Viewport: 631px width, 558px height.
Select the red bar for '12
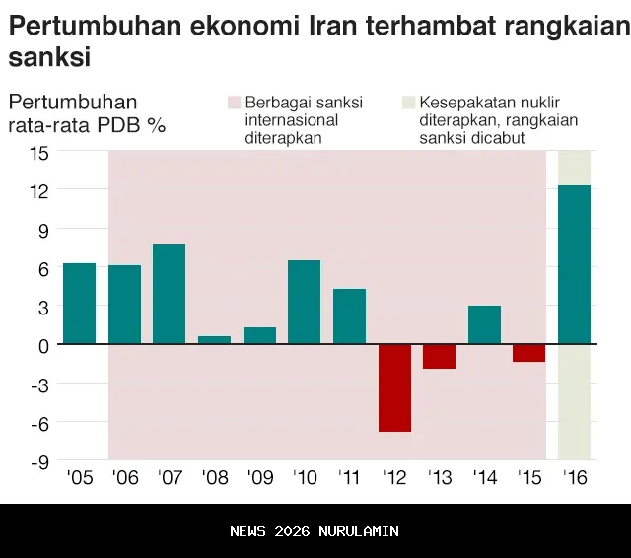[x=394, y=387]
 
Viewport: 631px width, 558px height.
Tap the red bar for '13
[x=440, y=356]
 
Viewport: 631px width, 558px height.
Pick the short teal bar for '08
[x=214, y=340]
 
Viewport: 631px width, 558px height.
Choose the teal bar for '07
[x=170, y=294]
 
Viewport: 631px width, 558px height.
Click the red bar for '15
[x=529, y=353]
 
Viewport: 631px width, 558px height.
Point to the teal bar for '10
[x=304, y=302]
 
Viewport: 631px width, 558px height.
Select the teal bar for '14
[x=484, y=324]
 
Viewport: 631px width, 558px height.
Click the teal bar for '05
[x=79, y=304]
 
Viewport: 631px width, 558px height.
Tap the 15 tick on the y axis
[x=38, y=153]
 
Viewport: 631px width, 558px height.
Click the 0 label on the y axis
[x=43, y=345]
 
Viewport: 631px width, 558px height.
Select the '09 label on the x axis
[x=259, y=479]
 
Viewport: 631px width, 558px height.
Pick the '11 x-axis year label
[x=349, y=479]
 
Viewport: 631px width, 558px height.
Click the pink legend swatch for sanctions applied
[x=234, y=103]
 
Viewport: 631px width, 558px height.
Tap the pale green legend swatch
[x=408, y=103]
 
